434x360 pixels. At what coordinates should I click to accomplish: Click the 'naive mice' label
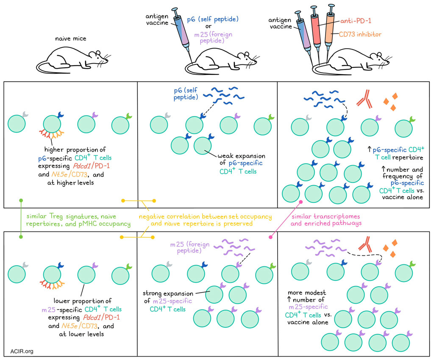pos(70,39)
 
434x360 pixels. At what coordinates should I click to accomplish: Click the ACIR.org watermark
pos(22,351)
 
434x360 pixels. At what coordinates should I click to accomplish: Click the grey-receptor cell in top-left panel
pos(17,123)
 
